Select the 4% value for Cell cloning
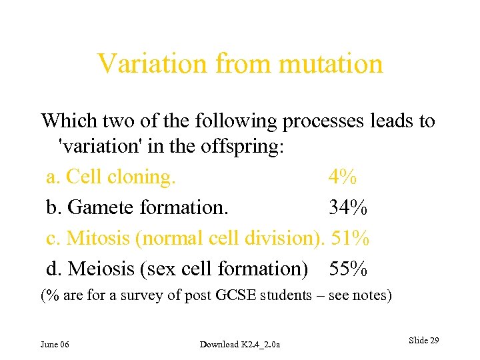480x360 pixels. click(342, 177)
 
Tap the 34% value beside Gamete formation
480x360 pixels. click(347, 208)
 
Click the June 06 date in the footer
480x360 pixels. click(55, 344)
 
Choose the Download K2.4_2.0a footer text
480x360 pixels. click(240, 344)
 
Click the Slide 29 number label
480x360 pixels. click(423, 341)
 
